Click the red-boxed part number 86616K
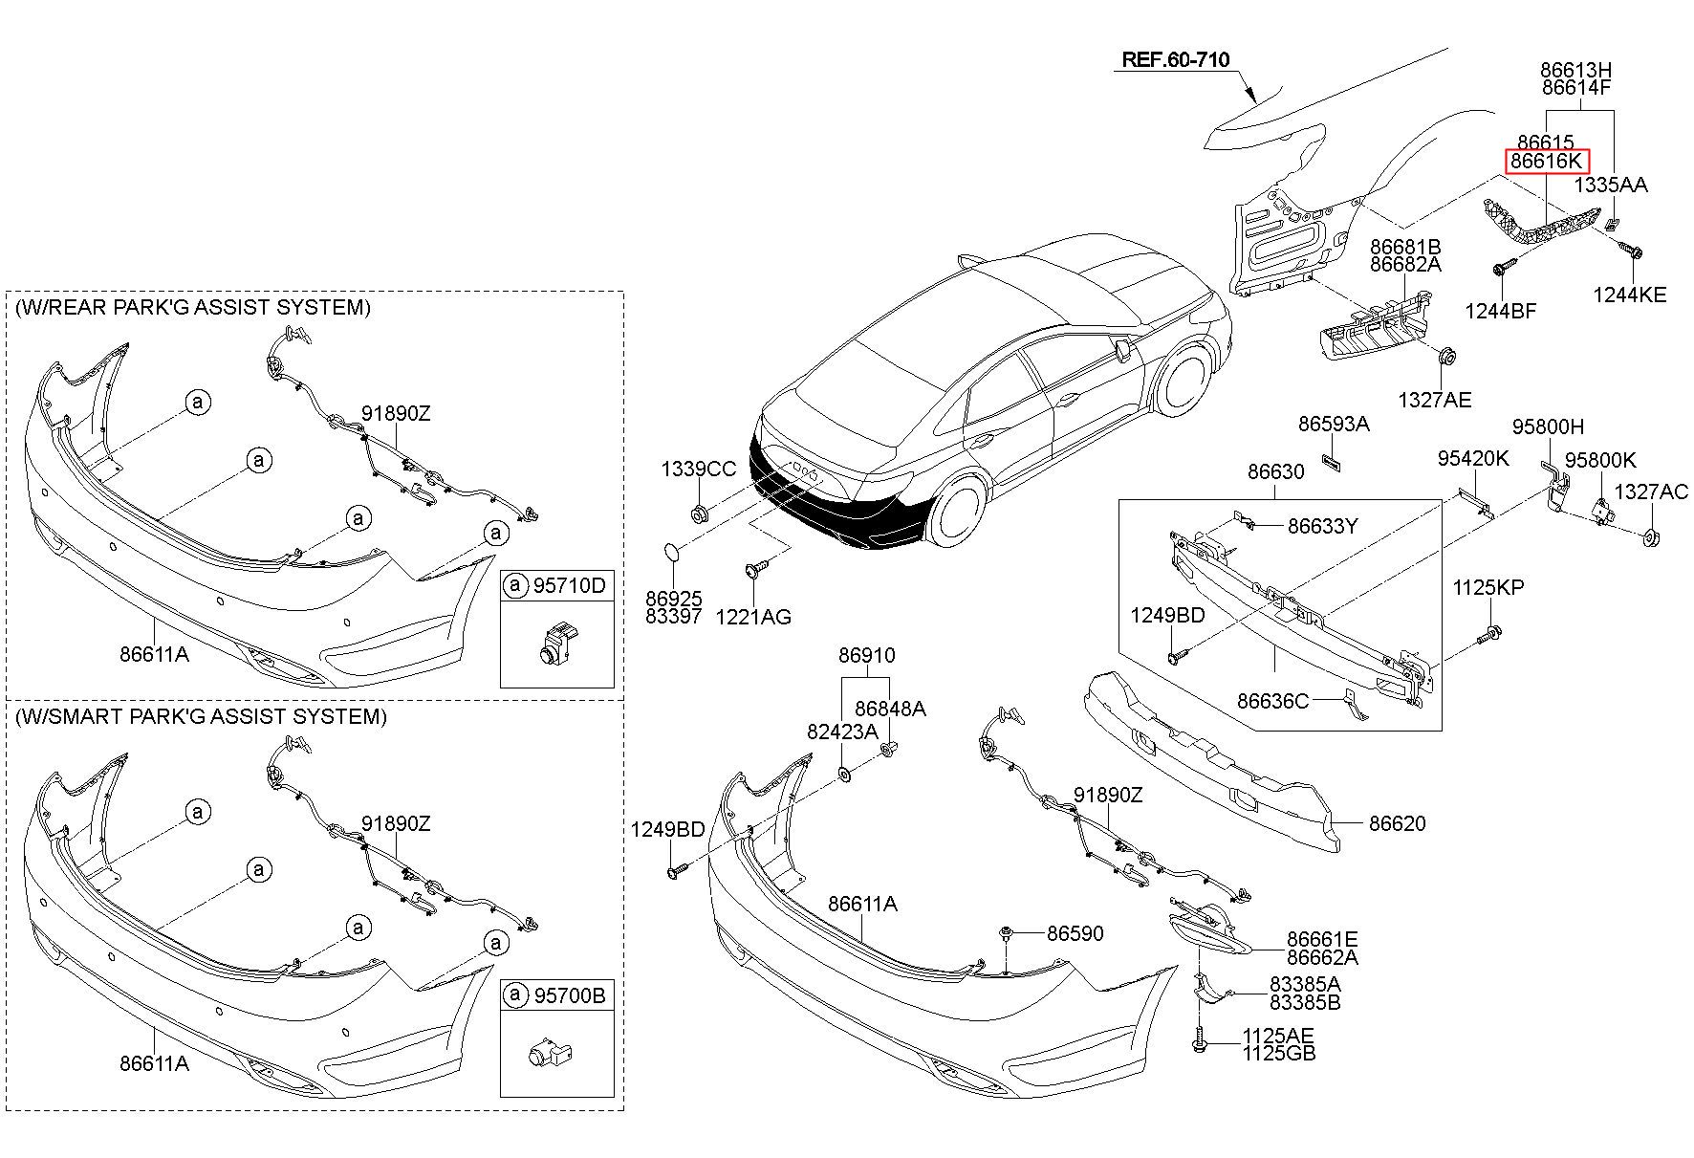point(1548,163)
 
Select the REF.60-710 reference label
point(1175,59)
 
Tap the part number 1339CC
point(699,470)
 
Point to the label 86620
point(1397,823)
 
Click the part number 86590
point(1075,933)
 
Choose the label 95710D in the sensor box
point(569,586)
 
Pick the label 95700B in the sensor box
point(569,996)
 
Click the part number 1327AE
point(1434,401)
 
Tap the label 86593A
point(1334,424)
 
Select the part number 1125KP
point(1488,588)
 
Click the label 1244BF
point(1501,311)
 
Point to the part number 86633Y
point(1322,526)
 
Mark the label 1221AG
point(753,617)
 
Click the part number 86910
point(867,656)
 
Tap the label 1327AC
point(1651,492)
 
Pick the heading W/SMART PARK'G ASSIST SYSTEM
point(201,716)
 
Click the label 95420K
point(1473,459)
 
